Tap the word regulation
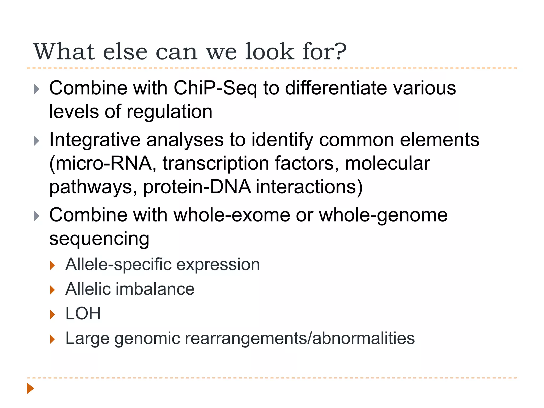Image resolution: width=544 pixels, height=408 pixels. pyautogui.click(x=169, y=112)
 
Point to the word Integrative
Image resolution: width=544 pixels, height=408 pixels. pyautogui.click(x=95, y=140)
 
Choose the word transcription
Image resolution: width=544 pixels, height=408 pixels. pyautogui.click(x=216, y=163)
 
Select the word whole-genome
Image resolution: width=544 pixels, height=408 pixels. pyautogui.click(x=383, y=215)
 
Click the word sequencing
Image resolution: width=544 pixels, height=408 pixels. pyautogui.click(x=99, y=239)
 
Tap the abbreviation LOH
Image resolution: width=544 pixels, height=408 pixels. pyautogui.click(x=83, y=313)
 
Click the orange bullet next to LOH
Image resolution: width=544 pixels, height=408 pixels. pyautogui.click(x=52, y=315)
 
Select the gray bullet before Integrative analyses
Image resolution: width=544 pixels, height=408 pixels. pyautogui.click(x=37, y=141)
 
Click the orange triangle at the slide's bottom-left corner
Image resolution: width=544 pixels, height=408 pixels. pyautogui.click(x=30, y=388)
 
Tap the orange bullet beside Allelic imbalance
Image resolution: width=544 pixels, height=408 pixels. pyautogui.click(x=52, y=290)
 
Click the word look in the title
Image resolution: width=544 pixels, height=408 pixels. pyautogui.click(x=269, y=51)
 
